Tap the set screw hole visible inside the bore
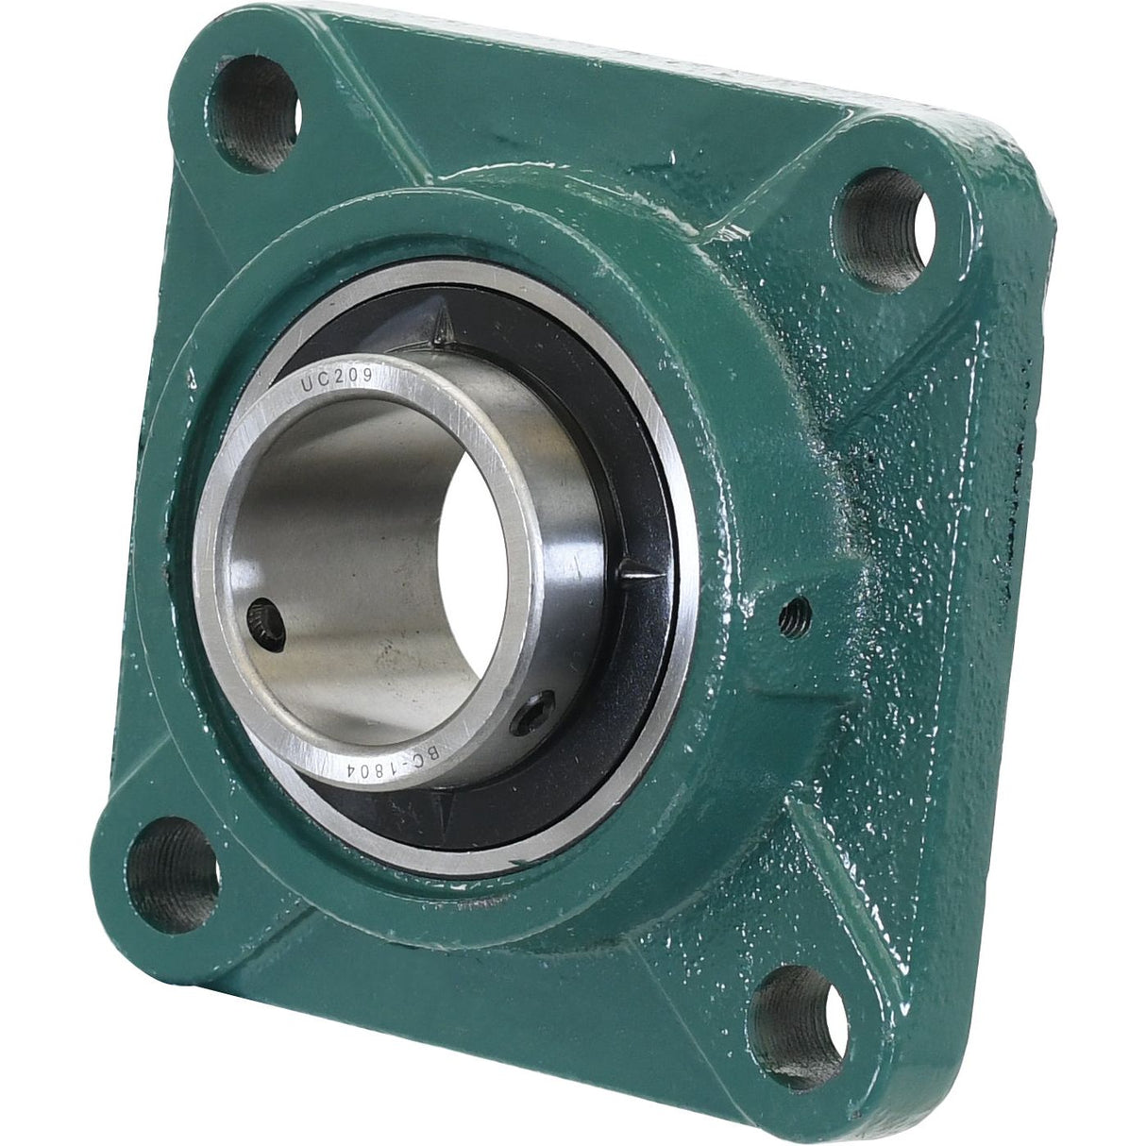[x=265, y=621]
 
